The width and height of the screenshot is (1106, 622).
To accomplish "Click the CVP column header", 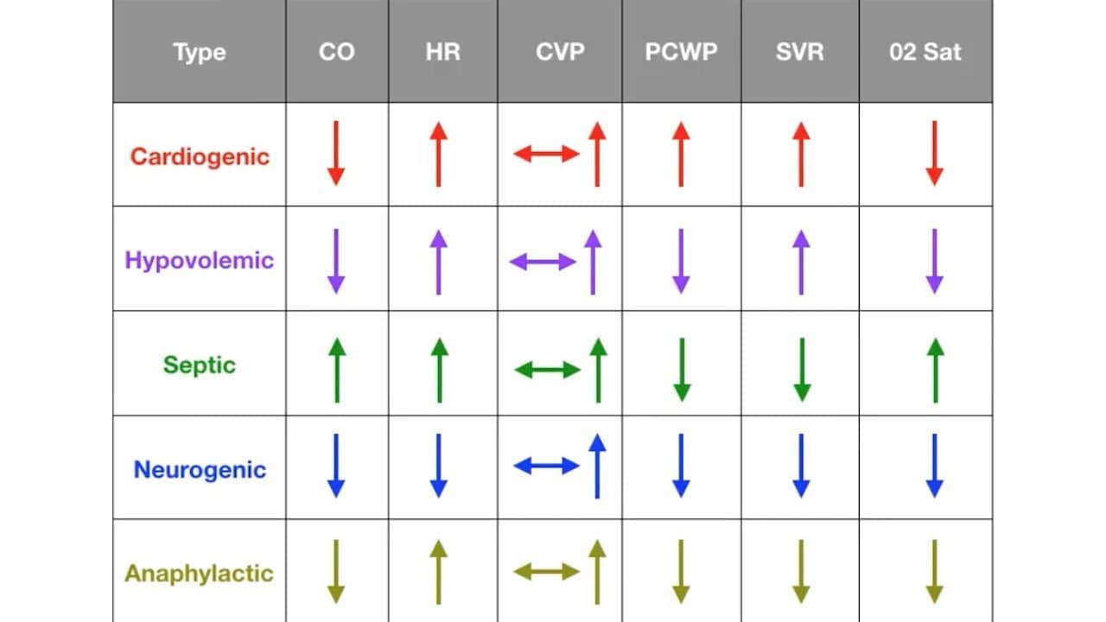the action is pos(560,52).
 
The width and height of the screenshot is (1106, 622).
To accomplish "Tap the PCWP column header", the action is pos(681,52).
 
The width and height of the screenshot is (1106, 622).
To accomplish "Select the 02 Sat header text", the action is pos(925,52).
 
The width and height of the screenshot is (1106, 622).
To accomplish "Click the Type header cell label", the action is pos(200,53).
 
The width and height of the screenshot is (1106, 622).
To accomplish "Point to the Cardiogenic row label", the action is pos(200,157).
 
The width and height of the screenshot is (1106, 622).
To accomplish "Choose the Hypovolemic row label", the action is pos(200,260).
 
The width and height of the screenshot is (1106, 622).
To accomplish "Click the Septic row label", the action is pos(200,365).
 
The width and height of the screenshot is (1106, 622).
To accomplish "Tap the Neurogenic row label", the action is pos(200,469).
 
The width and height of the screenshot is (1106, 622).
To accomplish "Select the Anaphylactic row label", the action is pos(199,574).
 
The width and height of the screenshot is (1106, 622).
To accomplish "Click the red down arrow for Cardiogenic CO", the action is pos(336,153).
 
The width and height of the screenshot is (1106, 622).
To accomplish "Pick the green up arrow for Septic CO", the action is pos(337,371).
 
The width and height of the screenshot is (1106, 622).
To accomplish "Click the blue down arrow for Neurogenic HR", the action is pos(438,466).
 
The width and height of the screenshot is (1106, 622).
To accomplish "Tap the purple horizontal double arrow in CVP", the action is pos(543,262).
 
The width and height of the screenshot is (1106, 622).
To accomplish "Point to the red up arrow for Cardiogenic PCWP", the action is pos(681,154).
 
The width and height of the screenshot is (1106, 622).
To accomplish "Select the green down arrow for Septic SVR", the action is pos(802,370).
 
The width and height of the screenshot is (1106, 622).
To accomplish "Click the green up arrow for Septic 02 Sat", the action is pos(936,371).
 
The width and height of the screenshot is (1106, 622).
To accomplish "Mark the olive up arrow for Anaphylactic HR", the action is pos(438,572).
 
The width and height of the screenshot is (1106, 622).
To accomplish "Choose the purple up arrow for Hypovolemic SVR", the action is pos(801,262).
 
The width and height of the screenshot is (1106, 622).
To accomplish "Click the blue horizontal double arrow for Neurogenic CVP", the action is pos(547,466).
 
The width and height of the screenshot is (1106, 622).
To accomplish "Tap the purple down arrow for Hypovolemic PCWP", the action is pos(681,261).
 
